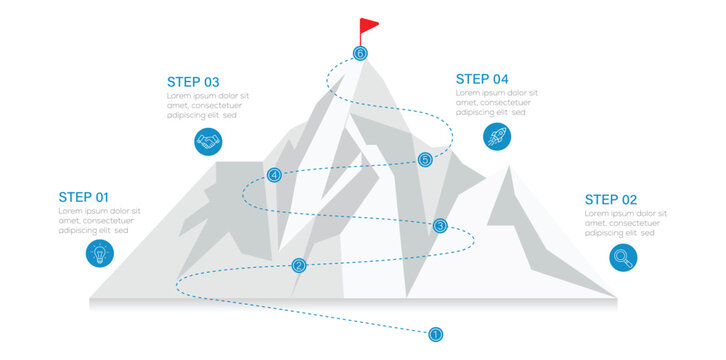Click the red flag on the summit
point(369,24)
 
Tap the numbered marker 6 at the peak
point(360,53)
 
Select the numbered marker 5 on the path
point(425,159)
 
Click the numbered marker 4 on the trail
point(275,175)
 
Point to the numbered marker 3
point(440,226)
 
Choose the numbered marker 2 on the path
point(299,265)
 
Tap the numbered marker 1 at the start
point(435,334)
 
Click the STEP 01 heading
point(84,197)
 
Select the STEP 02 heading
point(611,199)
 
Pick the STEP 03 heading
point(193,82)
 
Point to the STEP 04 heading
point(482,79)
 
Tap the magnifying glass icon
point(624,258)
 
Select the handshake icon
point(208,142)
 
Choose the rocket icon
point(496,137)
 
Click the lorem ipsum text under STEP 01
point(99,221)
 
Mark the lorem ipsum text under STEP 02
point(626,223)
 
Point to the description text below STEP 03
point(207,106)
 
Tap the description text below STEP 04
point(496,102)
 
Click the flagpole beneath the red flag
point(361,38)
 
